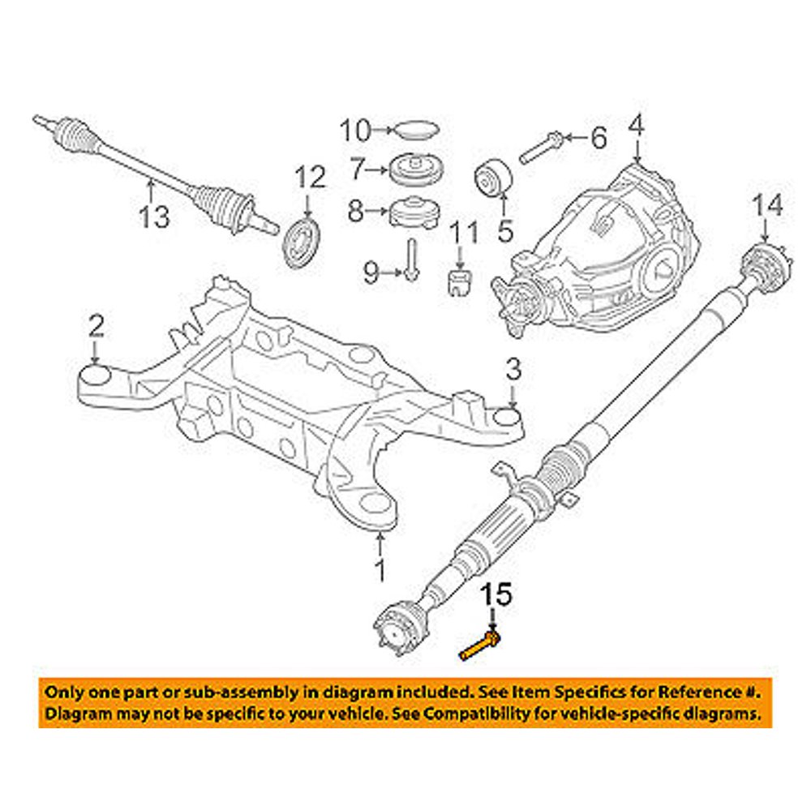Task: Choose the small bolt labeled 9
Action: pos(412,260)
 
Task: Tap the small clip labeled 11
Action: pos(460,283)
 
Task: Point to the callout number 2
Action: pos(96,328)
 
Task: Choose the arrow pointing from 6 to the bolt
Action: pos(571,139)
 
